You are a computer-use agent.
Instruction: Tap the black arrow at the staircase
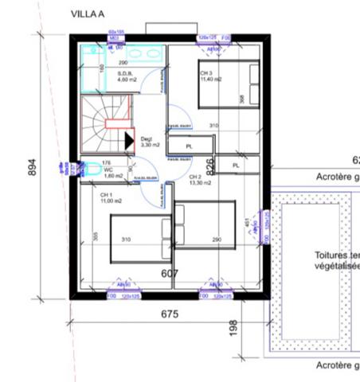click(129, 140)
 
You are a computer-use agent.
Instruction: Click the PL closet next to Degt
click(190, 146)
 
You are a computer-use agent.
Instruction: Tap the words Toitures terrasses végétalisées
click(334, 261)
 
